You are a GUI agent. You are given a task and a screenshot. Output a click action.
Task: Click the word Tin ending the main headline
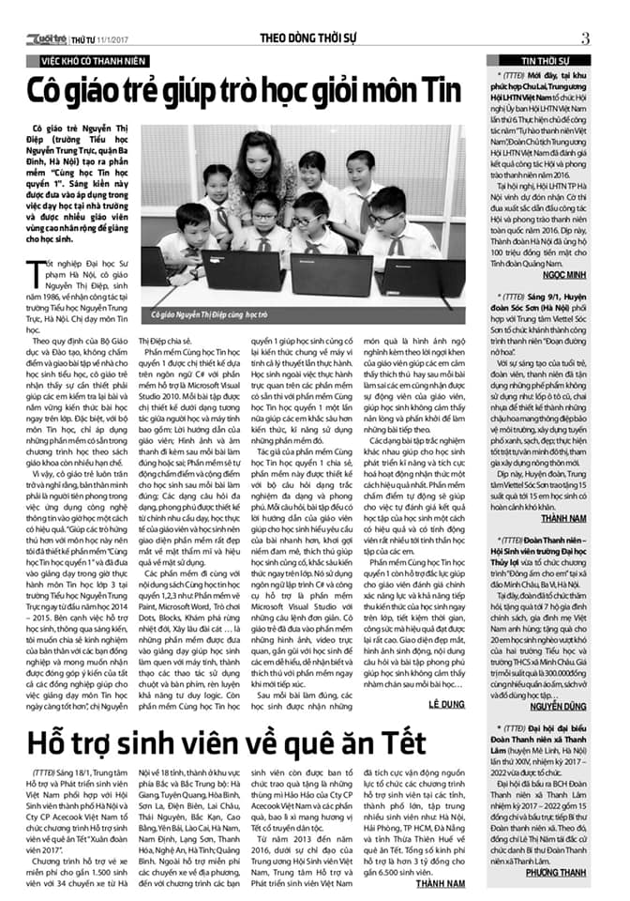[x=438, y=92]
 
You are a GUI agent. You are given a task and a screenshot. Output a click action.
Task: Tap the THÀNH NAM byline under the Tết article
[x=441, y=883]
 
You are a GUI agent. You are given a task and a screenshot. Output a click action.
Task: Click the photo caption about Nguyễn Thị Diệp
[x=202, y=314]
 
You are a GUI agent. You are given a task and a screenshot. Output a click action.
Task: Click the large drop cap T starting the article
[x=40, y=274]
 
